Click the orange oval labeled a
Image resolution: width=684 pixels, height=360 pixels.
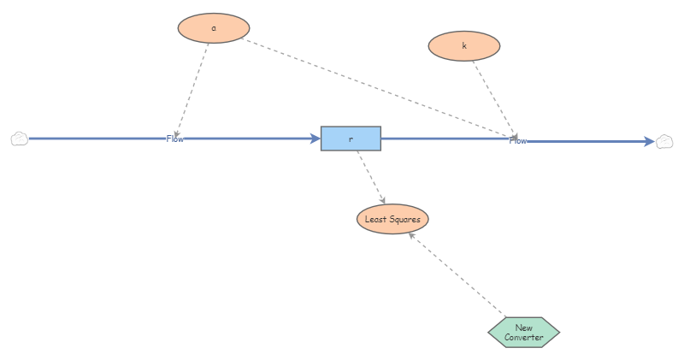pyautogui.click(x=213, y=27)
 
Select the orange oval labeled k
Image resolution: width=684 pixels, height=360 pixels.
pyautogui.click(x=464, y=45)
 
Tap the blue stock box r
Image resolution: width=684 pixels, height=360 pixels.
pyautogui.click(x=351, y=139)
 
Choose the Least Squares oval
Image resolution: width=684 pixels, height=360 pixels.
pyautogui.click(x=392, y=219)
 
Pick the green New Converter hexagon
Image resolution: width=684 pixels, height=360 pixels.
pyautogui.click(x=523, y=332)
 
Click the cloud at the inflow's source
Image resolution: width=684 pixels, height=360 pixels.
pyautogui.click(x=20, y=139)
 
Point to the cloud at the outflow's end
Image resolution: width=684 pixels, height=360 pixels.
pyautogui.click(x=665, y=141)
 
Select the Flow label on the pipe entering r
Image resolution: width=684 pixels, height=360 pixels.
pyautogui.click(x=174, y=139)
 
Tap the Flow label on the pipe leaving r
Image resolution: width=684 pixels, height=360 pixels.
pyautogui.click(x=518, y=140)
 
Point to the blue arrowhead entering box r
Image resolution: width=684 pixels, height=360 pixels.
pyautogui.click(x=315, y=139)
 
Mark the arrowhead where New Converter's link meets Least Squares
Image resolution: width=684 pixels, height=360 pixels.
pyautogui.click(x=413, y=235)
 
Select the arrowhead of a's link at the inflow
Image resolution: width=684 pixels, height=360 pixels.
pyautogui.click(x=176, y=131)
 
